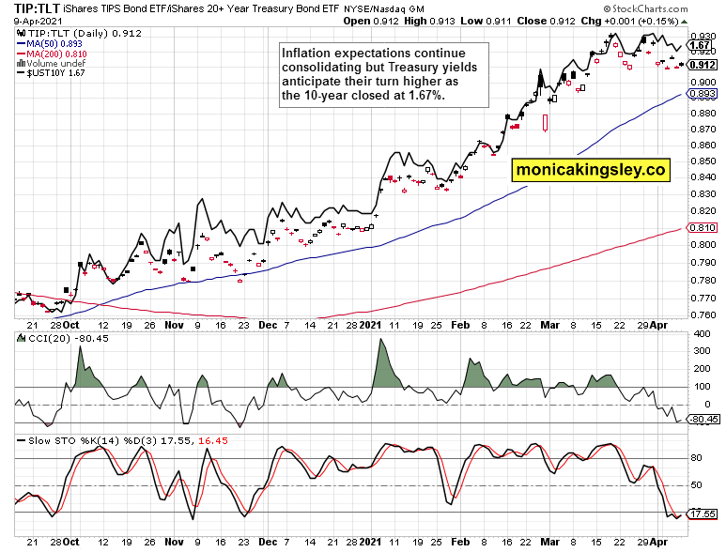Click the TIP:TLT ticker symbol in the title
click(x=34, y=8)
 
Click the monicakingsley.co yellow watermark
click(x=590, y=170)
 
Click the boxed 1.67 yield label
click(x=699, y=45)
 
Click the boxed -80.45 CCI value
click(x=703, y=419)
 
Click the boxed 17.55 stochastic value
click(x=702, y=514)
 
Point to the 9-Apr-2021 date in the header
click(x=29, y=20)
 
